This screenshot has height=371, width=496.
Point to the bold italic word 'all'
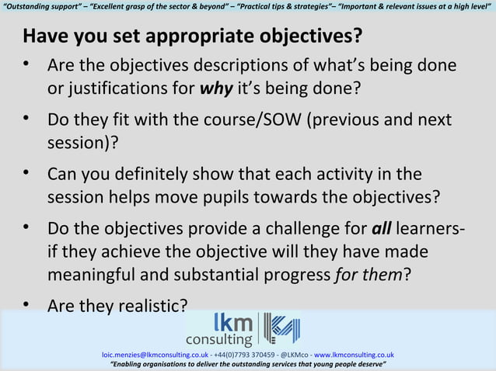tap(381, 230)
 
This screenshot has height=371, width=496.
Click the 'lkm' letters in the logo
tap(233, 321)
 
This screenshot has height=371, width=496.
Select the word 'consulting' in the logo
tap(218, 339)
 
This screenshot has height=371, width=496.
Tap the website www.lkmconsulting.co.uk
tap(354, 355)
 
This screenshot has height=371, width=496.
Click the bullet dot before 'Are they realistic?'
tap(27, 304)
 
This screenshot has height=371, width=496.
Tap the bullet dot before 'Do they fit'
tap(27, 120)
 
